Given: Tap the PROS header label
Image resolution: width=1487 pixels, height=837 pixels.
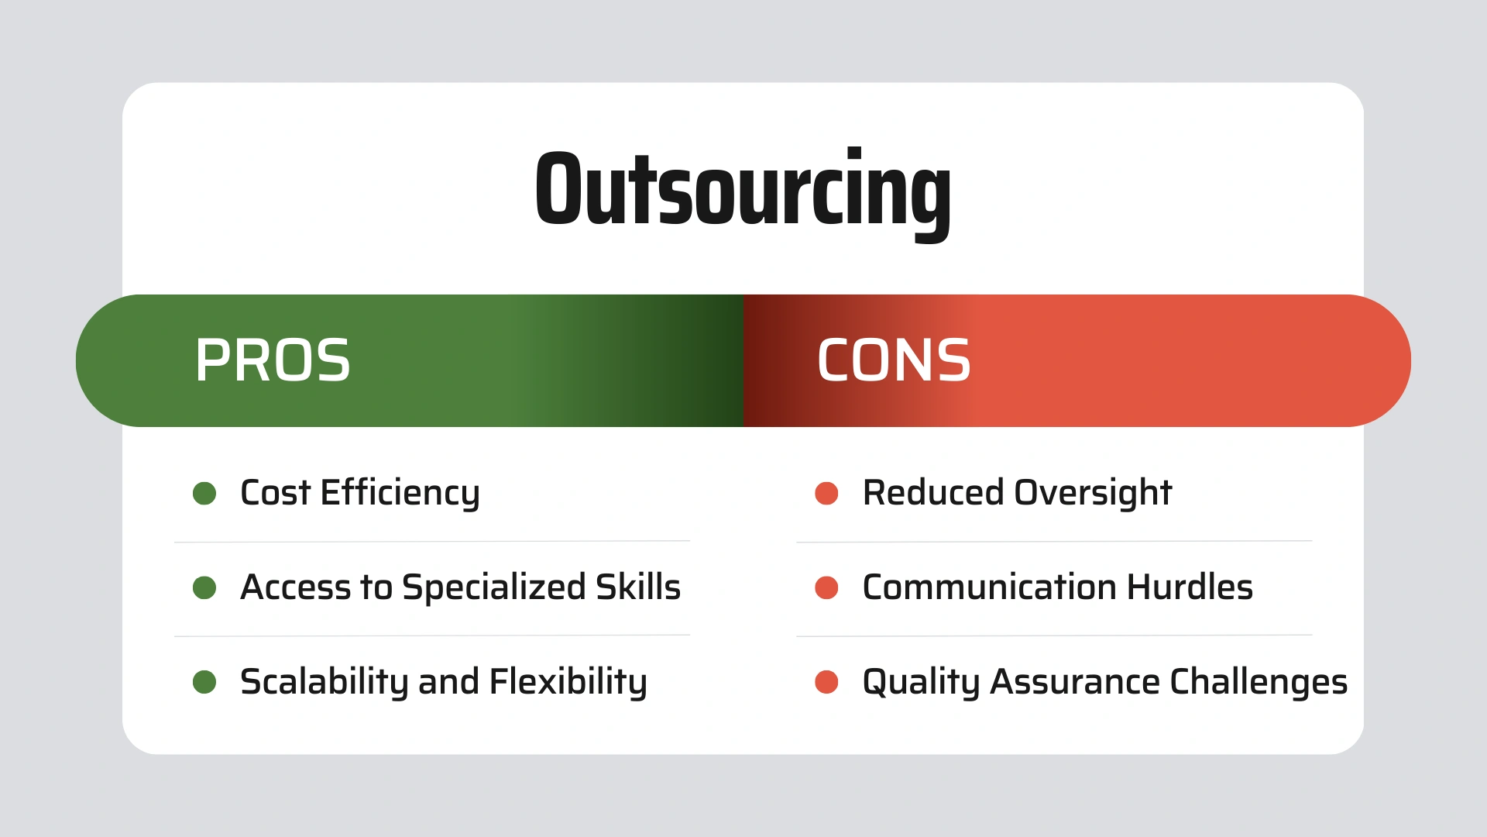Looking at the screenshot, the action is [x=273, y=360].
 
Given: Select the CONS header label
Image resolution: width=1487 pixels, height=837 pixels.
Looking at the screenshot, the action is [x=894, y=360].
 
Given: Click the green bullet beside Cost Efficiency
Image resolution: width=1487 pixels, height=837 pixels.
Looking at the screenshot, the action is [x=204, y=493].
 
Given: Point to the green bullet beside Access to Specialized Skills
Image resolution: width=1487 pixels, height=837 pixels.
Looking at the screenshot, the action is [x=204, y=587].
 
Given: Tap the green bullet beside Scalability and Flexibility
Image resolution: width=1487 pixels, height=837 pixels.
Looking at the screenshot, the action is [x=204, y=682].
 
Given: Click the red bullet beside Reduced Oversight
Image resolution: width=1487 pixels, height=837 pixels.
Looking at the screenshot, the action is [x=826, y=493].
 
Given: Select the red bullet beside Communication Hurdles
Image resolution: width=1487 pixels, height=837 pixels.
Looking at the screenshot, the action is [x=826, y=587].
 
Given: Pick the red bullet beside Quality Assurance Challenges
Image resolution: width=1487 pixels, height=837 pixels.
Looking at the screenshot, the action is [x=826, y=682].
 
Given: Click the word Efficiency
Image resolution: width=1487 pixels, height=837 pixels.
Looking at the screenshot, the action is [x=400, y=494].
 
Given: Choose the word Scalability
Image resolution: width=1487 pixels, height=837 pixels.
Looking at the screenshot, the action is [x=324, y=683].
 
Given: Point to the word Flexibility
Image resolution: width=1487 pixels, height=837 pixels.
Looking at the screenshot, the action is [x=568, y=683].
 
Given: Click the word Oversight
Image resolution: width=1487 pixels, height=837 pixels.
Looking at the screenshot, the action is [x=1093, y=494].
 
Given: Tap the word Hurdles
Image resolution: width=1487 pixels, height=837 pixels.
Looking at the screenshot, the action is [x=1190, y=587].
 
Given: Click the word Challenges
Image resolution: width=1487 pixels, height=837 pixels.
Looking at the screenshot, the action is [x=1259, y=683].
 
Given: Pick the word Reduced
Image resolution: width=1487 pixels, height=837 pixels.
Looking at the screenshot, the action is [x=933, y=493].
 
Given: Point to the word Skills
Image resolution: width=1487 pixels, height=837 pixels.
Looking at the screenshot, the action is [x=638, y=587].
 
